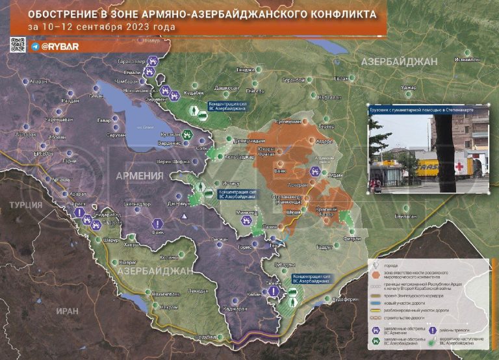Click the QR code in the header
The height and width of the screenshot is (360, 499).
[x=18, y=45]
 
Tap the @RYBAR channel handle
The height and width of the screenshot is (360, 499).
[x=60, y=47]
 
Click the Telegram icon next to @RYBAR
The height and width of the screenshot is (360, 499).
[x=34, y=47]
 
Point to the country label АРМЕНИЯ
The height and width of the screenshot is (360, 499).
[x=139, y=175]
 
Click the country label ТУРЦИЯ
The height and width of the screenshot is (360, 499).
[x=25, y=205]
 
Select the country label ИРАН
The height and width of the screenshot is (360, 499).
[x=66, y=311]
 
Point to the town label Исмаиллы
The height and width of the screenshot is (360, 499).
[x=468, y=59]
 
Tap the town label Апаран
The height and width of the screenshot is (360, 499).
[x=38, y=81]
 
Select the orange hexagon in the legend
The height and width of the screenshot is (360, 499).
[x=373, y=273]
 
